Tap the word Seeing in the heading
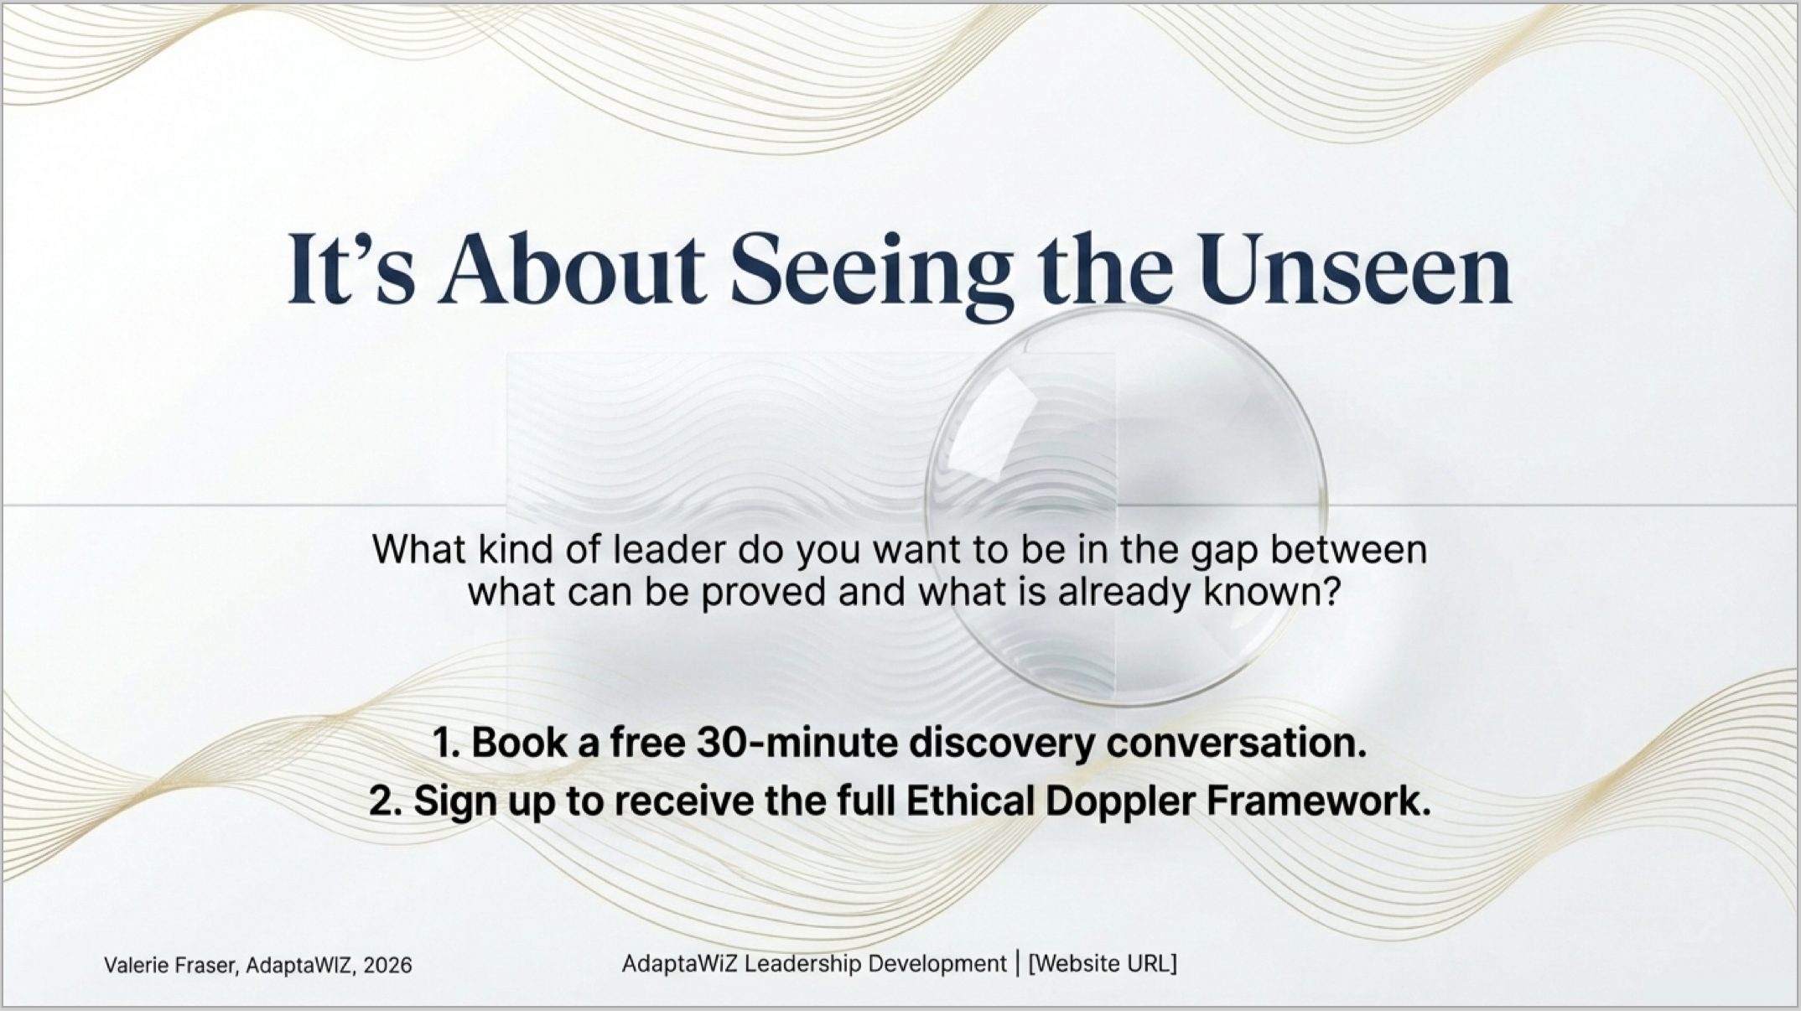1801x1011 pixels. (871, 272)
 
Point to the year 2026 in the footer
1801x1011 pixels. (388, 966)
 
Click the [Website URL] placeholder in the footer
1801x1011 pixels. (1103, 964)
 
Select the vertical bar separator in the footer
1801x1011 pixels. (1017, 964)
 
